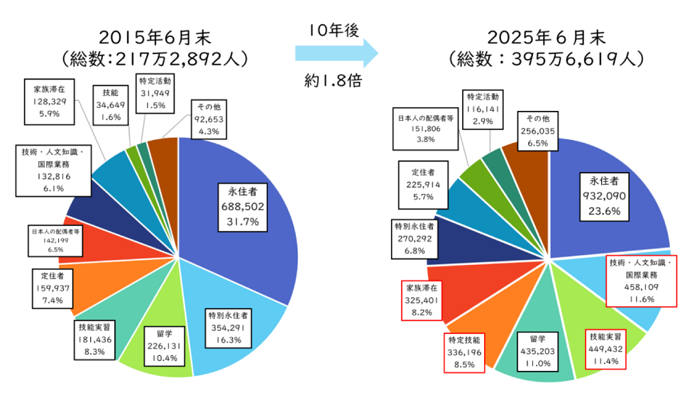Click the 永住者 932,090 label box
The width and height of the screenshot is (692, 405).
(604, 195)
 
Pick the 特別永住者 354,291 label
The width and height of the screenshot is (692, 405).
(228, 328)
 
